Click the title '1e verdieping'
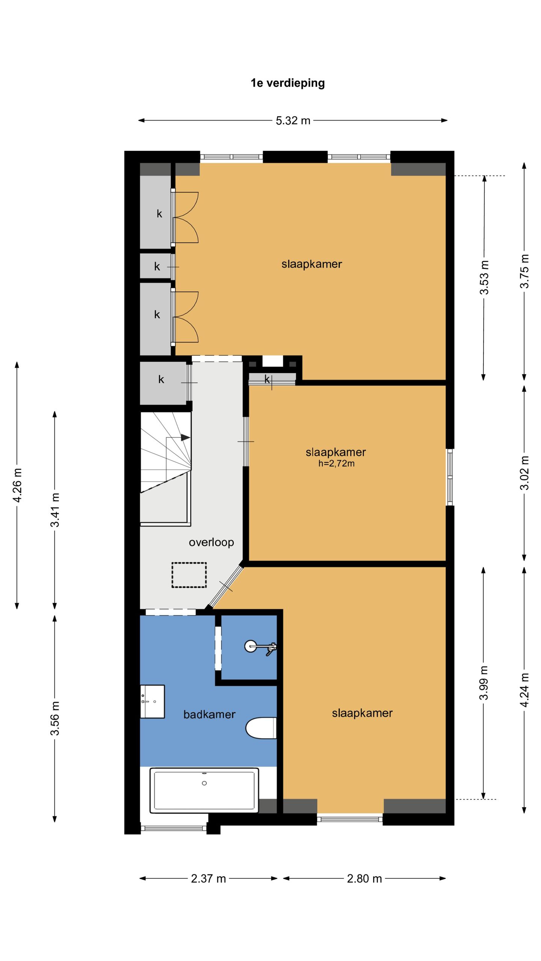(287, 83)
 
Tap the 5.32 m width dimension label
(293, 121)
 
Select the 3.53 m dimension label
(485, 277)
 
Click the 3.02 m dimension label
(524, 473)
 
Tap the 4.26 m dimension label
(17, 485)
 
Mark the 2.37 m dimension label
(209, 879)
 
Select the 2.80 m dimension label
(364, 879)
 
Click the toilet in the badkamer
(261, 728)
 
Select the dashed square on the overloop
(189, 575)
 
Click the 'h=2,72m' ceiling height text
(337, 464)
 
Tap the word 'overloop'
(211, 542)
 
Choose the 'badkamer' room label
(209, 714)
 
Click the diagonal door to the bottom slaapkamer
(226, 587)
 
